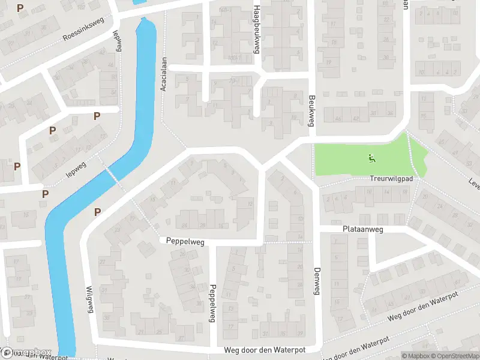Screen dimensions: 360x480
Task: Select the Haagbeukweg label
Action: pos(256,29)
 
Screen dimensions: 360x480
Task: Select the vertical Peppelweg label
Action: pos(212,303)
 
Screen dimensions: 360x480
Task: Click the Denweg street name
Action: pos(316,281)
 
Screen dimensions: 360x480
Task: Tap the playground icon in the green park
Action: pos(371,158)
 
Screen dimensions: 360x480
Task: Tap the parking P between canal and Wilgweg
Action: pos(97,211)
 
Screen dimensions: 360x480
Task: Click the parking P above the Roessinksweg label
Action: pos(21,8)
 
